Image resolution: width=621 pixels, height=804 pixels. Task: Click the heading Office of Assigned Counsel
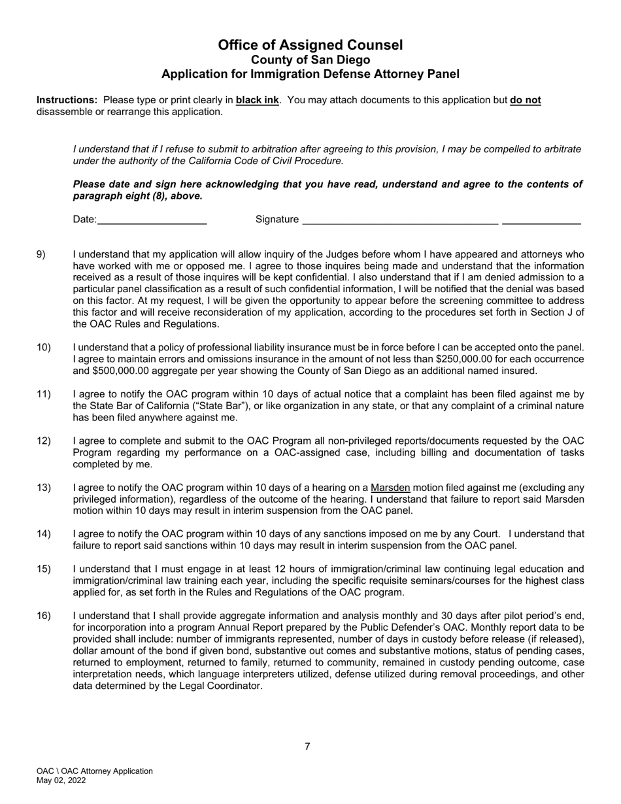pyautogui.click(x=310, y=45)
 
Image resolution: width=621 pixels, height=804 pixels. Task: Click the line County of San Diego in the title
pyautogui.click(x=310, y=59)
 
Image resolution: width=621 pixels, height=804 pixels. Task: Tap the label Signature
pyautogui.click(x=277, y=220)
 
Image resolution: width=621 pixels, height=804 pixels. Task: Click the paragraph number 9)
pyautogui.click(x=41, y=254)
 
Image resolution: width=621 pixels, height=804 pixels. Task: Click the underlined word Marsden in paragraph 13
pyautogui.click(x=390, y=488)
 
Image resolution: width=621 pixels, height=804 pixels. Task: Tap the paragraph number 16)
pyautogui.click(x=43, y=616)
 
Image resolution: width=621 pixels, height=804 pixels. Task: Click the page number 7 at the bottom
pyautogui.click(x=307, y=746)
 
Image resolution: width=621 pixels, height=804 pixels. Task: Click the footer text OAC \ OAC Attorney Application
pyautogui.click(x=95, y=771)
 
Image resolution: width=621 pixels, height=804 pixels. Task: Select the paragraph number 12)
pyautogui.click(x=43, y=441)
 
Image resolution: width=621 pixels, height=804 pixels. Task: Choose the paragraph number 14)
pyautogui.click(x=43, y=534)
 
